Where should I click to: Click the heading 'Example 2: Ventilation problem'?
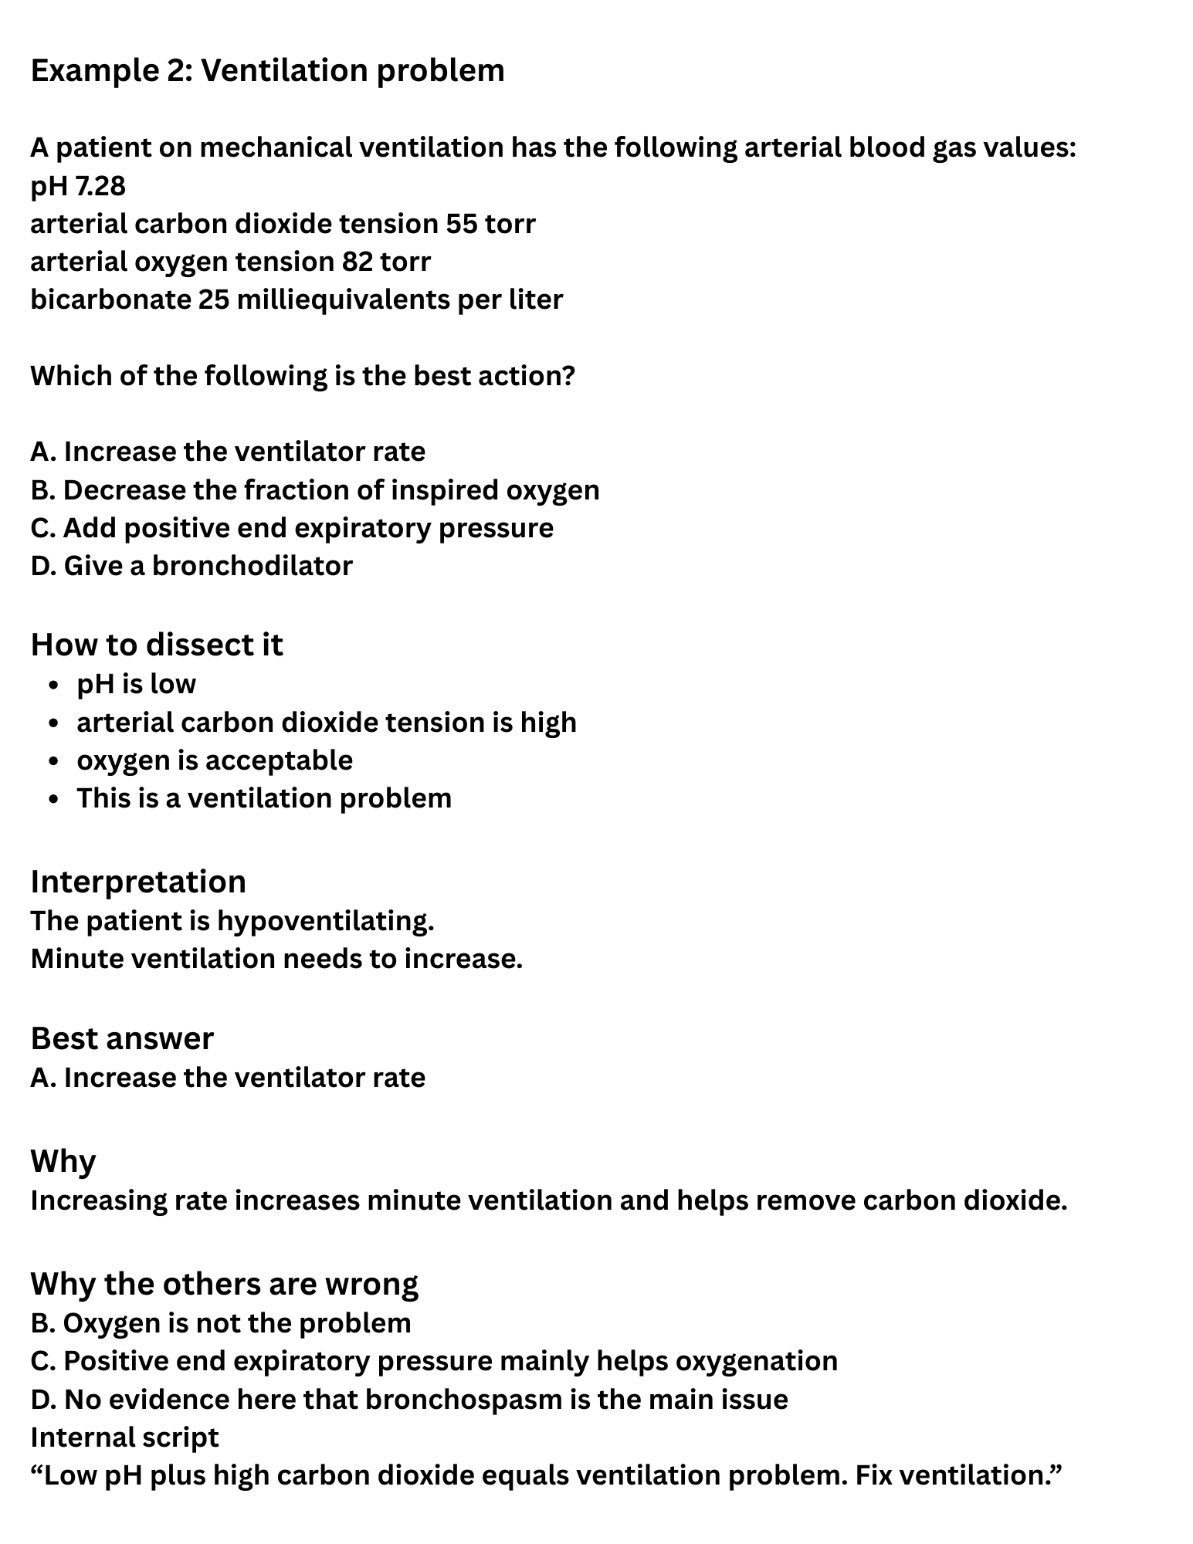coord(267,71)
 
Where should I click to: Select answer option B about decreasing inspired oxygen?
coord(315,490)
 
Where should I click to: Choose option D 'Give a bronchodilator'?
coord(191,566)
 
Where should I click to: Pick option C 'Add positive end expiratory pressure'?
coord(292,528)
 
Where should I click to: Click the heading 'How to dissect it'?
coord(157,645)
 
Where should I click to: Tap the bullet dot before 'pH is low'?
coord(53,686)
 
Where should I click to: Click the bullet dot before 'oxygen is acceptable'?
coord(53,761)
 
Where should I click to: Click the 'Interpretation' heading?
coord(138,882)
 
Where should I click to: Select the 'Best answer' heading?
coord(122,1038)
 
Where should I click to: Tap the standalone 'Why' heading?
coord(63,1161)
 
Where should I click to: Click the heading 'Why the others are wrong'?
coord(224,1284)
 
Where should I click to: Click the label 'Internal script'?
coord(124,1437)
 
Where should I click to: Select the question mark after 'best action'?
coord(570,376)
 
